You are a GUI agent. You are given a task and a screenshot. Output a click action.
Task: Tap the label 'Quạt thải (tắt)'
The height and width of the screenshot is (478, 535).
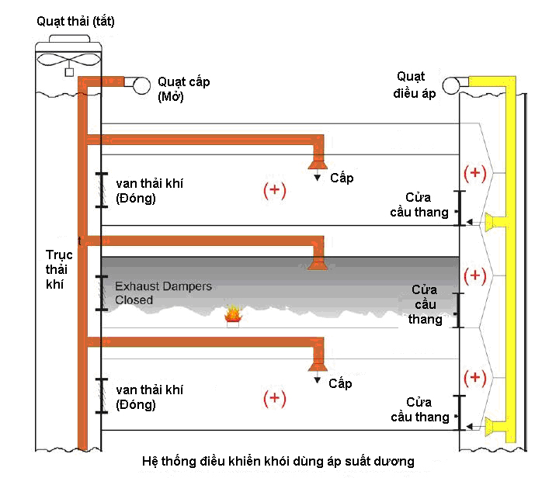(75, 21)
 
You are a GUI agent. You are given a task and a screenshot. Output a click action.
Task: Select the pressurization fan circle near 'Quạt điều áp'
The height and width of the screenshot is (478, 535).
(453, 85)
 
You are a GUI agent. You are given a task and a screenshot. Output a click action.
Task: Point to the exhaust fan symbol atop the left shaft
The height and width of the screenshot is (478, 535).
(68, 61)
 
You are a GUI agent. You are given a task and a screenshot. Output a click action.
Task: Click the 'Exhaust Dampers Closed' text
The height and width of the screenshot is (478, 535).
(163, 293)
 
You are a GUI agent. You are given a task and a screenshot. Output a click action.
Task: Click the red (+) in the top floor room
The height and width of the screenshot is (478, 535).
(275, 191)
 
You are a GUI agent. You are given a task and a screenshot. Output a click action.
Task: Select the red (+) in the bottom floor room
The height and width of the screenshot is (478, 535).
(275, 398)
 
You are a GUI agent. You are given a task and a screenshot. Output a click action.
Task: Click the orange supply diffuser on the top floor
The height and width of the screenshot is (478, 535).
(317, 162)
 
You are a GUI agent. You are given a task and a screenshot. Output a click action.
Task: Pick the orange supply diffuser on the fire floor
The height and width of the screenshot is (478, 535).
(317, 263)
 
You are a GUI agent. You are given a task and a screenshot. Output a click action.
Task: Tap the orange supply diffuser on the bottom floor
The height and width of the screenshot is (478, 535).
(317, 365)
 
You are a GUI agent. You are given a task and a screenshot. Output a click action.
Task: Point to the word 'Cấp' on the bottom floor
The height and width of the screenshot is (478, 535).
(340, 383)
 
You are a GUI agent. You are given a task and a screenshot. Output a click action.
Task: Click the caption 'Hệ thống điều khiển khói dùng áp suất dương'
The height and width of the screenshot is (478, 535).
(279, 462)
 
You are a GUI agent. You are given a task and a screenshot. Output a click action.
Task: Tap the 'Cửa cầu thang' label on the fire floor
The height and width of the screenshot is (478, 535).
(426, 303)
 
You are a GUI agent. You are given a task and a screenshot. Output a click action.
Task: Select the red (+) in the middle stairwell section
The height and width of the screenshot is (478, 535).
(474, 275)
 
